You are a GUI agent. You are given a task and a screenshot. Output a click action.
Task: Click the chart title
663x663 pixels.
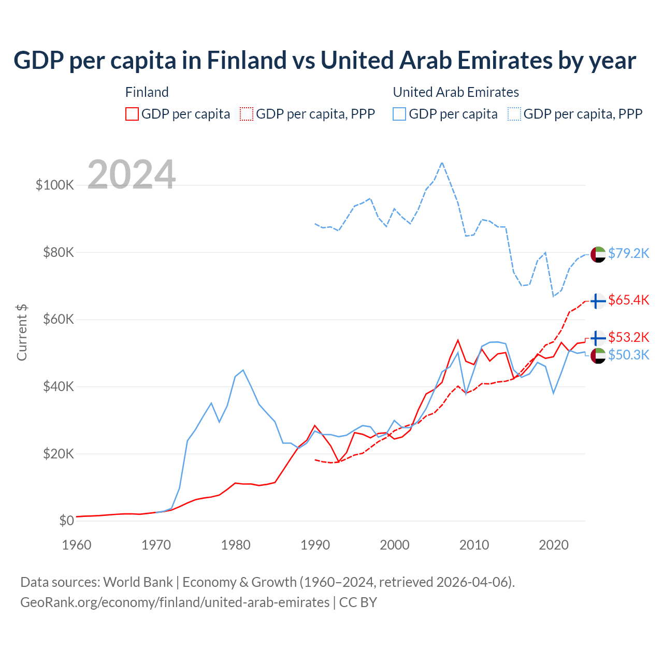click(325, 61)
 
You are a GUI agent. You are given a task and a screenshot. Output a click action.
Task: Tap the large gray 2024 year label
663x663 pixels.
click(132, 175)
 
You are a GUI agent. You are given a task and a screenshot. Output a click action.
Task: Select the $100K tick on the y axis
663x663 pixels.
click(55, 185)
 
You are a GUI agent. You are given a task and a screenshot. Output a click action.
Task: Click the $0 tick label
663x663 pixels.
click(66, 521)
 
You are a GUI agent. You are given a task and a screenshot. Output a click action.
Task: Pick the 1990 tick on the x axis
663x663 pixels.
click(315, 545)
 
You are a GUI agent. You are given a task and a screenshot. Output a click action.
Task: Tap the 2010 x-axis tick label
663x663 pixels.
click(474, 545)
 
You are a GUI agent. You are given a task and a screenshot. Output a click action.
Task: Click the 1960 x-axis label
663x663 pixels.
click(77, 545)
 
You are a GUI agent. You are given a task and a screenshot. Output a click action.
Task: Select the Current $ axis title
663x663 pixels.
click(22, 333)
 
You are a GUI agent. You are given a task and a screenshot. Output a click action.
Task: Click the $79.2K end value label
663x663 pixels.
click(628, 253)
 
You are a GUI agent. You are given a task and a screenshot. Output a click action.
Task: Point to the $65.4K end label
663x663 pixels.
click(628, 300)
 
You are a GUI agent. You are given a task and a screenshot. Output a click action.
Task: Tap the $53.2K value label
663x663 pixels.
click(628, 337)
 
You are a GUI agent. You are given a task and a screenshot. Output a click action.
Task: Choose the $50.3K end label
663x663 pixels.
click(628, 355)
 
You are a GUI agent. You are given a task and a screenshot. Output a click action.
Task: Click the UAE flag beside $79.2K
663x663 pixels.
click(598, 254)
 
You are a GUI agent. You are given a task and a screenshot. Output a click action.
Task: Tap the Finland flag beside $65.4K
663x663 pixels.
click(598, 301)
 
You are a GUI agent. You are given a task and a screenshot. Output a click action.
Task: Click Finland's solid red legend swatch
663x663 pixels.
click(132, 114)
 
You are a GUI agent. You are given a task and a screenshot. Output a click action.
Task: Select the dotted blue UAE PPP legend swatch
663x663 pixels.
click(514, 114)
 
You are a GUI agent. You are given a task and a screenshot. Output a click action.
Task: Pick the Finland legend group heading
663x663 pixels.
click(147, 92)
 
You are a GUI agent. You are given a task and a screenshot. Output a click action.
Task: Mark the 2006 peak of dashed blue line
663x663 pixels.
click(442, 163)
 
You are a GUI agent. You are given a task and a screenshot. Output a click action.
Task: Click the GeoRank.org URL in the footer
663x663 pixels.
click(175, 602)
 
